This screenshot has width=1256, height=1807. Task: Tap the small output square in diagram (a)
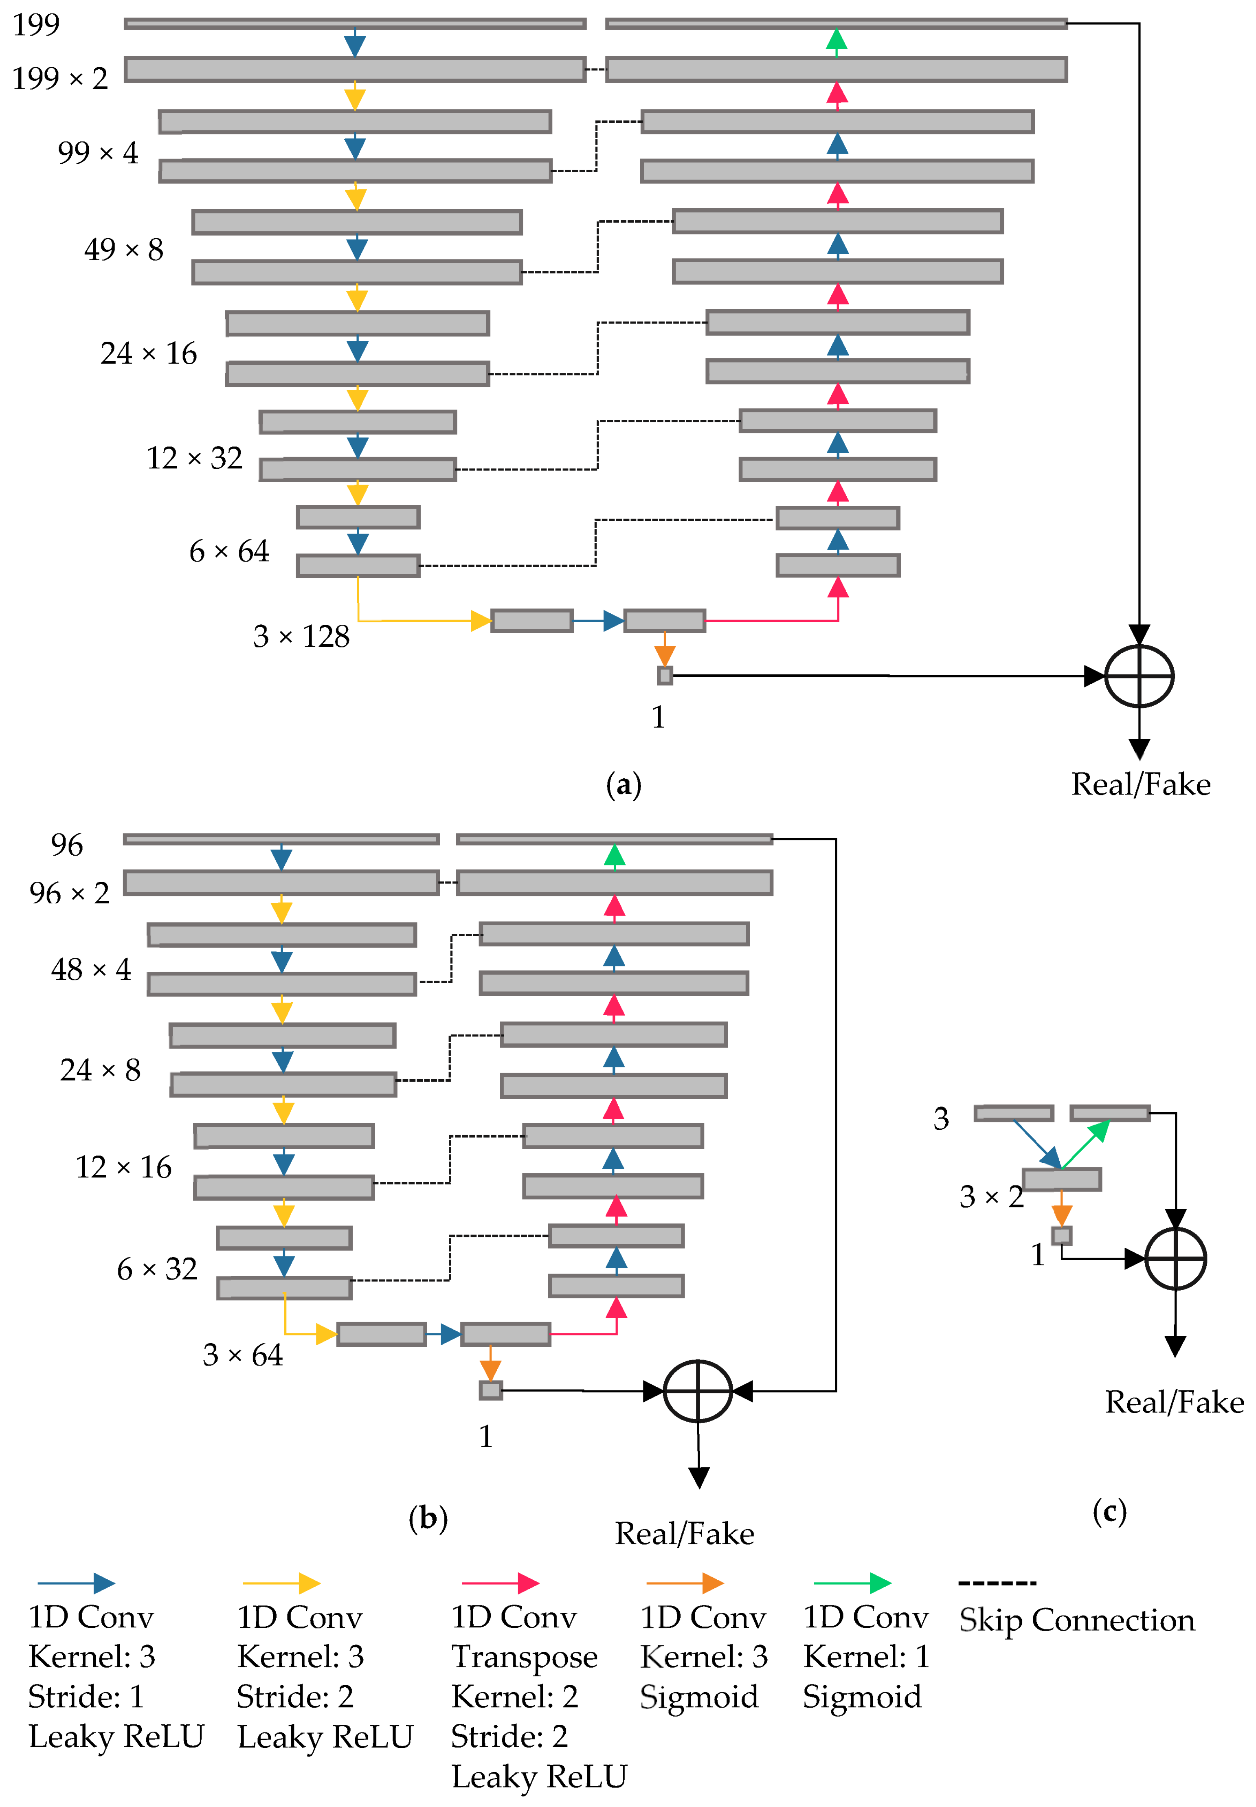tap(665, 675)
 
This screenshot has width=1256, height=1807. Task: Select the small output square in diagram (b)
tap(490, 1391)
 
